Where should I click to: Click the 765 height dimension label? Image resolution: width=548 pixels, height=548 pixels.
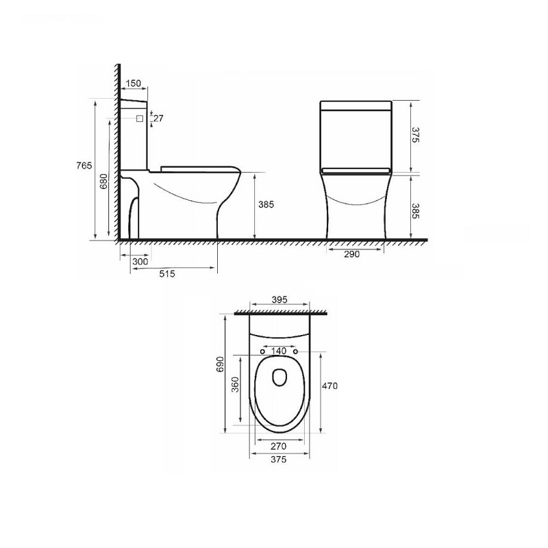click(84, 166)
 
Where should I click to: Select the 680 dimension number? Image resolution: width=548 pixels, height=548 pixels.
click(104, 182)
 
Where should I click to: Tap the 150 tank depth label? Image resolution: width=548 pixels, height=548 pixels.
click(133, 83)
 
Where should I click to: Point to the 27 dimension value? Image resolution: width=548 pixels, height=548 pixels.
click(158, 119)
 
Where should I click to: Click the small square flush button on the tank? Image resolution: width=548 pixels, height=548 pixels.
click(140, 119)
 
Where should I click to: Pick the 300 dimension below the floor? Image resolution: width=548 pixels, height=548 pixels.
click(140, 262)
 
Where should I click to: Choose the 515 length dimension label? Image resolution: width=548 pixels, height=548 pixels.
click(167, 273)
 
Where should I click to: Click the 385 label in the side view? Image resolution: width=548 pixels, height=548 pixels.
click(266, 204)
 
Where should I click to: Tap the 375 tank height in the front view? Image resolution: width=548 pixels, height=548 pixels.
click(415, 135)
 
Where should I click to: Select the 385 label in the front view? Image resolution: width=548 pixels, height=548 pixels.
click(415, 211)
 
